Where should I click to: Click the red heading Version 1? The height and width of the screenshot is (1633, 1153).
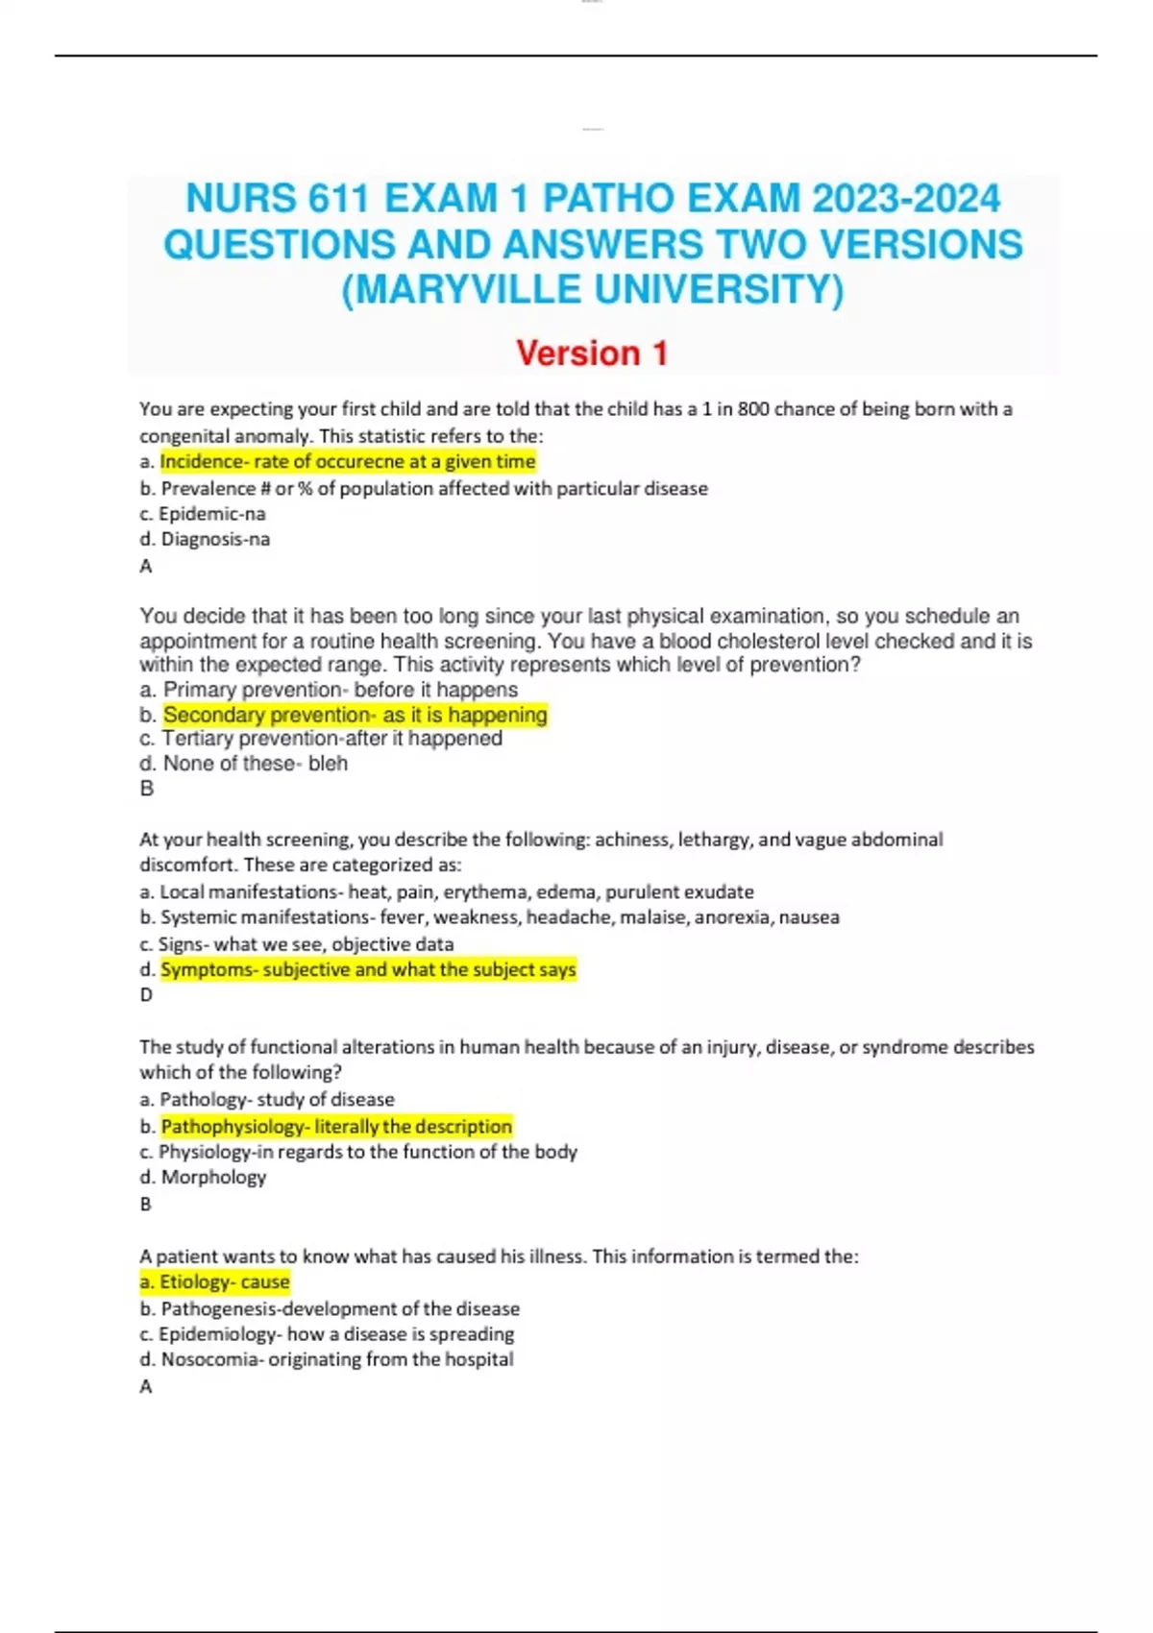(x=592, y=353)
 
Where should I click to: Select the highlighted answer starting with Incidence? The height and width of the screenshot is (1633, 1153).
(x=347, y=462)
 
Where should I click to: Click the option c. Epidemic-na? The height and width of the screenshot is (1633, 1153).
(x=203, y=514)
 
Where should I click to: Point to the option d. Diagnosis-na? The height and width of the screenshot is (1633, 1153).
(x=205, y=540)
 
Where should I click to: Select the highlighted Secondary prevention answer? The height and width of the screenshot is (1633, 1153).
(x=355, y=715)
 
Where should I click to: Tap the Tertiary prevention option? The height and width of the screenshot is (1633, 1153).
(x=322, y=739)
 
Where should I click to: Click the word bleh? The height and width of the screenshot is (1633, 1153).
(x=328, y=764)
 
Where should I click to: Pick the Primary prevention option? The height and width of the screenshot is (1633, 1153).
(x=330, y=690)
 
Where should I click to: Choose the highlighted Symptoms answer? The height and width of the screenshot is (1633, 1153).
(x=368, y=970)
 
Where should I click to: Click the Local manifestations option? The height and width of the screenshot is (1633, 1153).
(x=447, y=892)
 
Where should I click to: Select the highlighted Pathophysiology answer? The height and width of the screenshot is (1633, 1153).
(x=336, y=1127)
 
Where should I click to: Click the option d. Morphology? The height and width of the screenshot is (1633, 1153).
(x=204, y=1178)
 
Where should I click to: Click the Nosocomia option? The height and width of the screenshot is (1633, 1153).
(x=327, y=1360)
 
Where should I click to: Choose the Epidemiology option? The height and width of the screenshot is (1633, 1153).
(x=327, y=1334)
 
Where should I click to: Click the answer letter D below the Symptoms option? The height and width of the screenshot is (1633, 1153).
(x=146, y=995)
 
